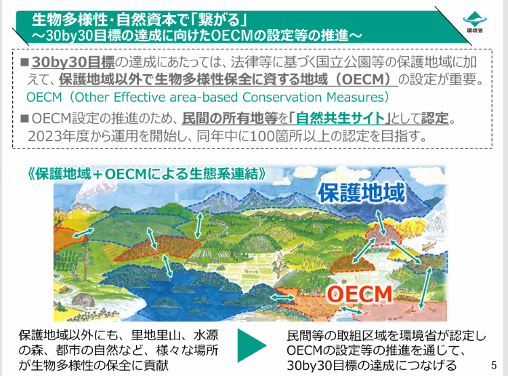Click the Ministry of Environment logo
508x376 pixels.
(475, 22)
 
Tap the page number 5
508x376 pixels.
(493, 365)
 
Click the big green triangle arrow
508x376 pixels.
(252, 346)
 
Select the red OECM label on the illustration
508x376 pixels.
(359, 294)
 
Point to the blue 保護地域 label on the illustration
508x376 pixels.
(362, 192)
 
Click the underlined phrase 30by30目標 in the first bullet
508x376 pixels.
(73, 62)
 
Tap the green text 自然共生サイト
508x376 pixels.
(340, 119)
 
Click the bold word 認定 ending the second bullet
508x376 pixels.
(435, 119)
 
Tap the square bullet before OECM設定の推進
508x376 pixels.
(24, 119)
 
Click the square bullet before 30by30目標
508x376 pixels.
(24, 62)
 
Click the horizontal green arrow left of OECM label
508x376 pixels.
(280, 297)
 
